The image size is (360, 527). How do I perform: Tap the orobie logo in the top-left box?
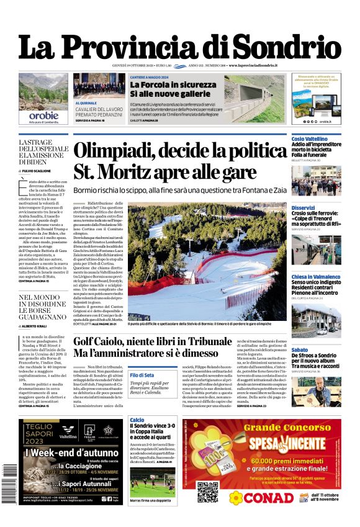pyautogui.click(x=43, y=115)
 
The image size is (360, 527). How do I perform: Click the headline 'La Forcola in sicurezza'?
pyautogui.click(x=164, y=85)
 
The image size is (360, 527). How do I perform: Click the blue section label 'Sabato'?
pyautogui.click(x=299, y=350)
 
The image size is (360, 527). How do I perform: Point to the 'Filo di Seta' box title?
pyautogui.click(x=142, y=376)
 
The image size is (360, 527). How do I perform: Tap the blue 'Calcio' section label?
pyautogui.click(x=137, y=420)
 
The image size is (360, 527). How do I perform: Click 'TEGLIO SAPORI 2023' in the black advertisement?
pyautogui.click(x=41, y=432)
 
